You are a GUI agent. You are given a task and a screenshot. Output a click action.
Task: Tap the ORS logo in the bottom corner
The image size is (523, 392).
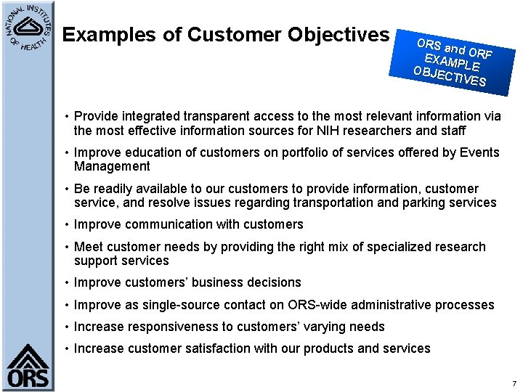pyautogui.click(x=28, y=367)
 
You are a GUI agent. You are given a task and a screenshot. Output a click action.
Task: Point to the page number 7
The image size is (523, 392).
pyautogui.click(x=514, y=383)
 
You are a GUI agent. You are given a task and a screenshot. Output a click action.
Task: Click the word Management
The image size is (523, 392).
pyautogui.click(x=112, y=167)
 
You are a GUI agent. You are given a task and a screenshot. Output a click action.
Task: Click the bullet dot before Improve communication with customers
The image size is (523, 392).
pyautogui.click(x=66, y=225)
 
